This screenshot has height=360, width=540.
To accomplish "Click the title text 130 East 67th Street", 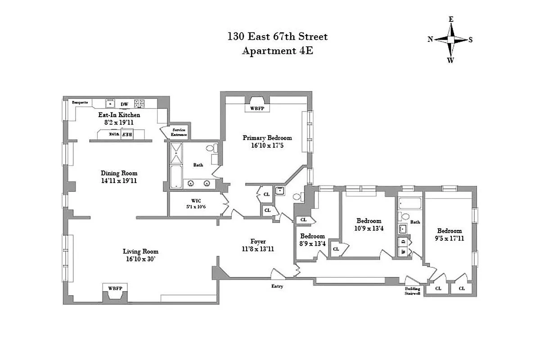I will tap(278, 36).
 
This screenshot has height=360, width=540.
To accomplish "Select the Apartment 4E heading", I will tap(278, 51).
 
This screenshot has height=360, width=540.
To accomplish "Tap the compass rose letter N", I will tap(430, 40).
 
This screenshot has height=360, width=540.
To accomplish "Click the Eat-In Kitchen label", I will tap(116, 115).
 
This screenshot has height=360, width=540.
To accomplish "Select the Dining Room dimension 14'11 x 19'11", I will tap(119, 180).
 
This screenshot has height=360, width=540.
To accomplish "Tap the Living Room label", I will tap(140, 252).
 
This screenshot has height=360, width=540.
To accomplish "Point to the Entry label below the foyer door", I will tap(277, 286).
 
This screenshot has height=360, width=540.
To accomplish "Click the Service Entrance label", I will tap(179, 132).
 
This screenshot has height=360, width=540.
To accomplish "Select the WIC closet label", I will tap(196, 200).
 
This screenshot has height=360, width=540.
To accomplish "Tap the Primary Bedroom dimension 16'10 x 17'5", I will tap(267, 145).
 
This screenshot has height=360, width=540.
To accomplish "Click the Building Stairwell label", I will tap(412, 292).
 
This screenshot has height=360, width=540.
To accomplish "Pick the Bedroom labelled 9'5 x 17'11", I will tap(449, 231).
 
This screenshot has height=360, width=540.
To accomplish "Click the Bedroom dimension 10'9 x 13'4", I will tap(369, 228).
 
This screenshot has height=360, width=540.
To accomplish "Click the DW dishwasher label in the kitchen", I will tap(124, 104).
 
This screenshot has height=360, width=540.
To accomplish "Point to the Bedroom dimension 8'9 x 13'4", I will tap(312, 243).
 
